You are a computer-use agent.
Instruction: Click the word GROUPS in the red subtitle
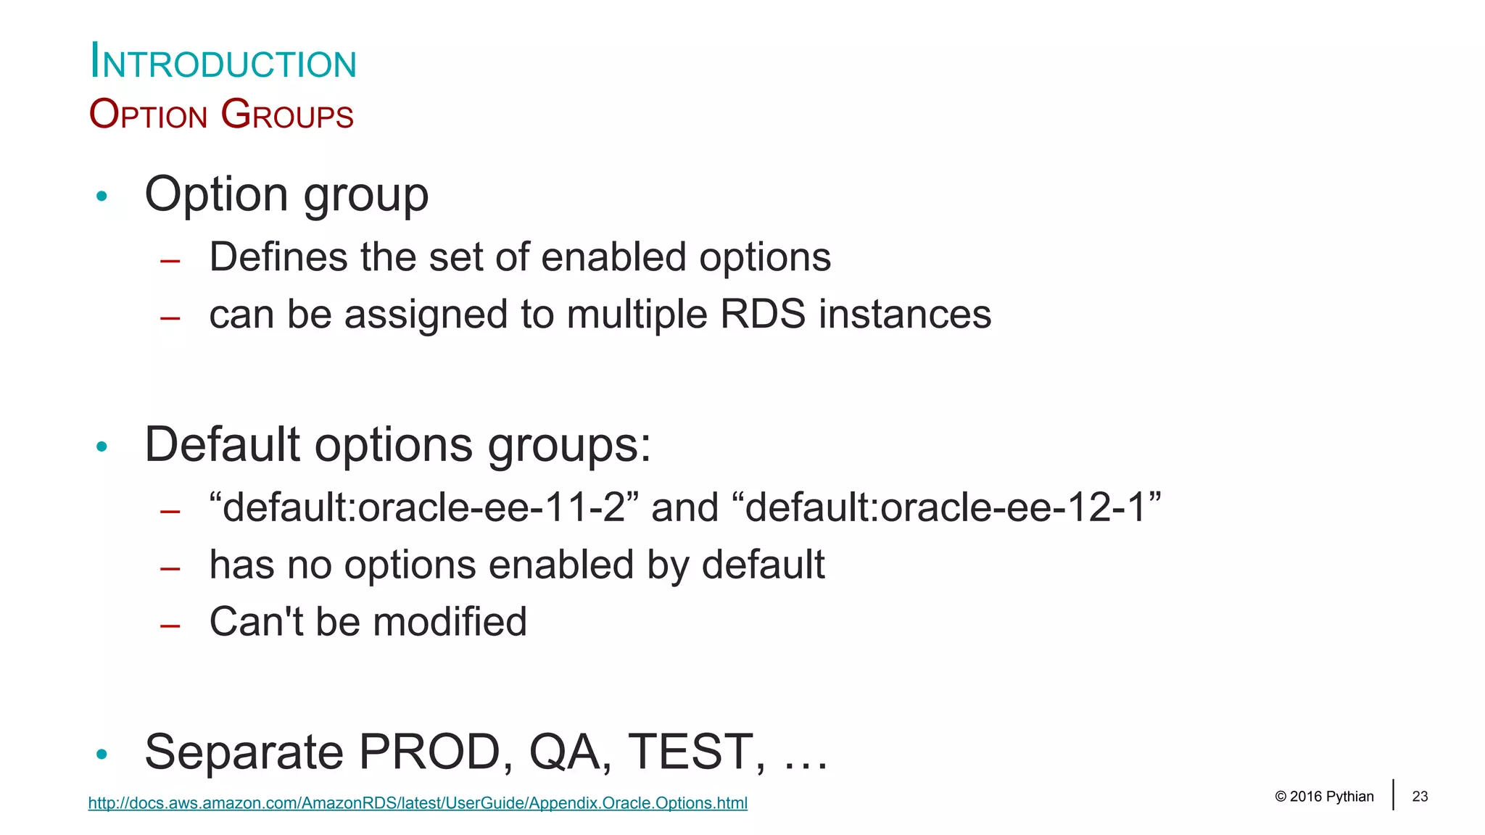pyautogui.click(x=287, y=115)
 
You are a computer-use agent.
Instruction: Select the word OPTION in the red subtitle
pyautogui.click(x=148, y=115)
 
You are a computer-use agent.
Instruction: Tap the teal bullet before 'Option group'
pyautogui.click(x=102, y=196)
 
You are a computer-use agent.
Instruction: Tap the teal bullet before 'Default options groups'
pyautogui.click(x=102, y=446)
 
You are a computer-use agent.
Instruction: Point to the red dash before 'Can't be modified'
pyautogui.click(x=170, y=625)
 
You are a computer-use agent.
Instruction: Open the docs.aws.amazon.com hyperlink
pyautogui.click(x=418, y=803)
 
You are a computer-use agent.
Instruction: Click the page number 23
pyautogui.click(x=1420, y=797)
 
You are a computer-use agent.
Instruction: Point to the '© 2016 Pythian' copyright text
pyautogui.click(x=1324, y=797)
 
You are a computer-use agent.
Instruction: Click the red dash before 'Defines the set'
pyautogui.click(x=170, y=260)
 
